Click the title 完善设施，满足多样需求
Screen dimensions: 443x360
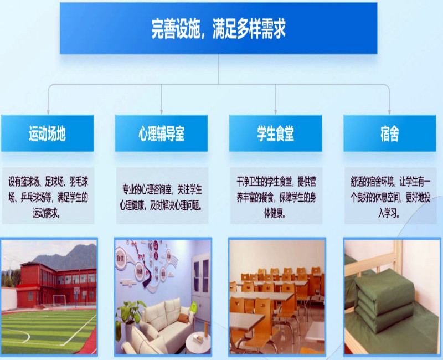(x=218, y=28)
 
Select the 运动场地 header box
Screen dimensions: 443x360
(x=48, y=133)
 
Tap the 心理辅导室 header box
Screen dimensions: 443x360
(x=161, y=133)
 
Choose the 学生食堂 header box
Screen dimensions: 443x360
(x=275, y=133)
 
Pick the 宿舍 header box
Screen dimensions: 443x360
(x=390, y=133)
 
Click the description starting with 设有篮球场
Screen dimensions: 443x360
(x=48, y=197)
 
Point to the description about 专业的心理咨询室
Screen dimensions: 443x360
(x=162, y=197)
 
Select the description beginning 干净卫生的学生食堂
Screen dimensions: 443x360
(x=276, y=197)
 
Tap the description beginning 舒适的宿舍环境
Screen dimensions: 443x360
(x=390, y=197)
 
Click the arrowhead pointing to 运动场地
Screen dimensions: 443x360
(x=48, y=112)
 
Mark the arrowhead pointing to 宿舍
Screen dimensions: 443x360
(x=389, y=112)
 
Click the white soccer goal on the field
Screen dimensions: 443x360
(x=59, y=302)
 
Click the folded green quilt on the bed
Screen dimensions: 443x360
(x=384, y=300)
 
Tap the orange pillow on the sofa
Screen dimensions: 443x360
(x=183, y=318)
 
